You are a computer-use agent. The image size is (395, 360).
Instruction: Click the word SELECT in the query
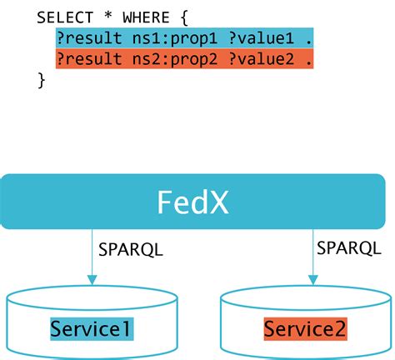[63, 17]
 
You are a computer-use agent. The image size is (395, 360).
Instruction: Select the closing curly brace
[41, 80]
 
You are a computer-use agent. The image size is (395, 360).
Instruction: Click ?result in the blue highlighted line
[86, 38]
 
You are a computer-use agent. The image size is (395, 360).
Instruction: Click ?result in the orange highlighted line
[86, 59]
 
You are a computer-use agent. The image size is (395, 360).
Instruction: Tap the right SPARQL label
[343, 247]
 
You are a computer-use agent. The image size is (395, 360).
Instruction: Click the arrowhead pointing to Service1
[92, 279]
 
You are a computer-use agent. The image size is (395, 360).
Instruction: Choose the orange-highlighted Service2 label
[305, 328]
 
